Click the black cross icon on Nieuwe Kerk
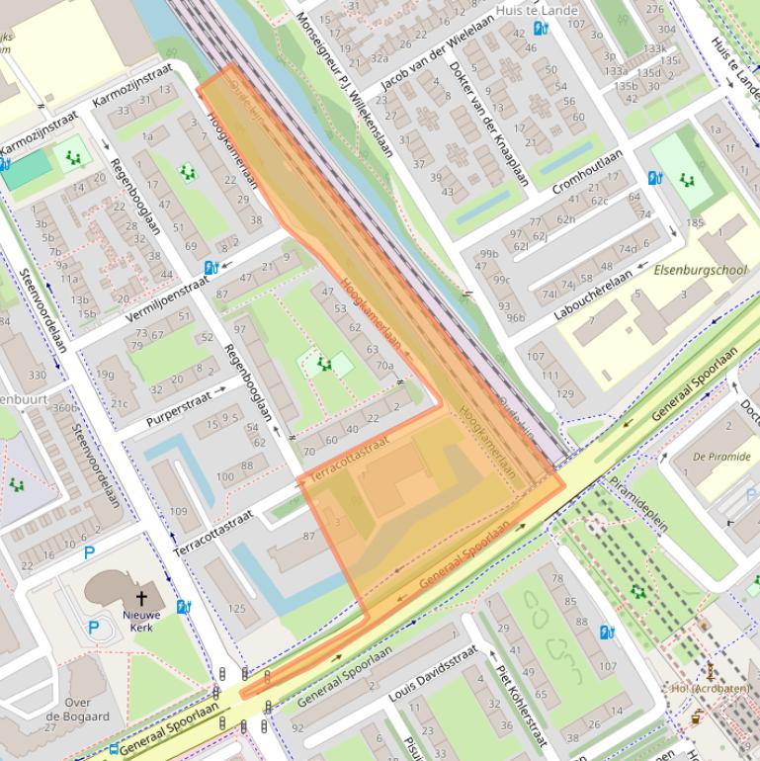point(141,598)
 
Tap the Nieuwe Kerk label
point(141,620)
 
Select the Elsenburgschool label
point(701,269)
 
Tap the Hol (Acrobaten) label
point(710,688)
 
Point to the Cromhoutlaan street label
point(589,172)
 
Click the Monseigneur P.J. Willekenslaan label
point(345,84)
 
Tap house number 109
point(178,512)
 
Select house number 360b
point(64,407)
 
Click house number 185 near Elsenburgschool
point(696,223)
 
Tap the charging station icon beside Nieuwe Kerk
point(183,606)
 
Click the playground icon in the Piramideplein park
point(638,591)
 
